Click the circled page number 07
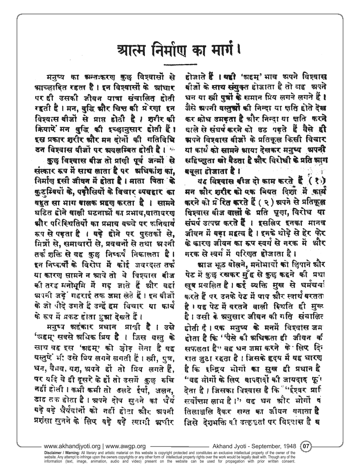coord(306,446)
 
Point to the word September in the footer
coord(263,446)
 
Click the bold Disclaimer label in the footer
coord(55,452)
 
